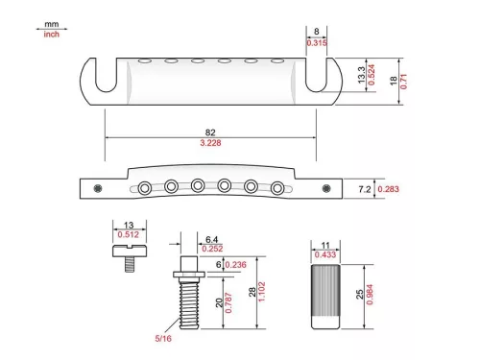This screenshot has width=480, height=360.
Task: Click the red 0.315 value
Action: [x=316, y=43]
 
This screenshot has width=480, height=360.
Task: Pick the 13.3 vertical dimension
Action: [x=359, y=74]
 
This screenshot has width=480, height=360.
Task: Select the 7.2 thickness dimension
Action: [x=363, y=189]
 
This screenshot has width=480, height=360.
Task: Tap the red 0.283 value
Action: [x=389, y=189]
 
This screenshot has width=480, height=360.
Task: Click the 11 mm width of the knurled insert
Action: [x=325, y=246]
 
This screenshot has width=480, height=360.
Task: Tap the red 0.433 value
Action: [x=325, y=255]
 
